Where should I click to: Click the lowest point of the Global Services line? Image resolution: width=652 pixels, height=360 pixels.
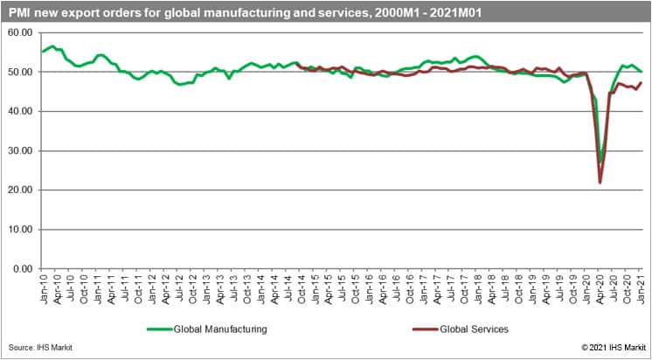(x=600, y=183)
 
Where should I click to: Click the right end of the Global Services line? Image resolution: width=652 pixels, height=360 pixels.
(x=641, y=83)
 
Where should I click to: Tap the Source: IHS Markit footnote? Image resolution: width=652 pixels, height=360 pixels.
(x=38, y=348)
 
